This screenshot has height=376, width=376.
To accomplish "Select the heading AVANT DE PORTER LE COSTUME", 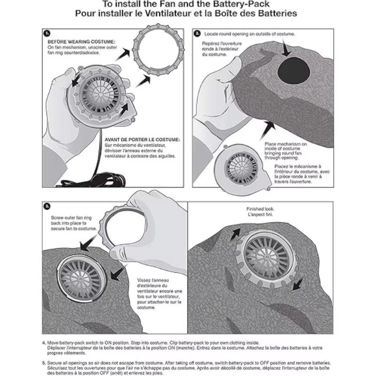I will [143, 139].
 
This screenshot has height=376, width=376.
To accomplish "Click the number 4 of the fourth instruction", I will [44, 343].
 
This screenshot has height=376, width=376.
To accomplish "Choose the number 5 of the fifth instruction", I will [44, 363].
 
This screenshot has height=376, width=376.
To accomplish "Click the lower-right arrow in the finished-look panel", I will [299, 284].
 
